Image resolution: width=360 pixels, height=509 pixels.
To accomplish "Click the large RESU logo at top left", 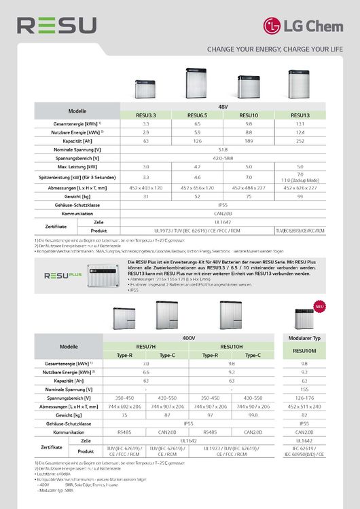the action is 57,25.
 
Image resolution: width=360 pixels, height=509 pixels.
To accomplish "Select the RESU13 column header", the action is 300,115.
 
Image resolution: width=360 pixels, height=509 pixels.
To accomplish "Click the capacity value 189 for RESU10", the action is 249,141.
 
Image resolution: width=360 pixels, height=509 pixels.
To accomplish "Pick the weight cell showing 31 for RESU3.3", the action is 146,195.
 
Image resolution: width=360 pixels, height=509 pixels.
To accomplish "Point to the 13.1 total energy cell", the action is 300,124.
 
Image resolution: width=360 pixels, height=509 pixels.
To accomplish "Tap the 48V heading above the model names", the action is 223,107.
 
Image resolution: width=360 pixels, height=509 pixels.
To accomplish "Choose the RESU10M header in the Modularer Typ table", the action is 304,351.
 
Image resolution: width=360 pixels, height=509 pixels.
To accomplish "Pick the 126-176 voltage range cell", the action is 304,397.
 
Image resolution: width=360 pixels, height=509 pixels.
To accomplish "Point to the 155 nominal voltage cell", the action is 304,389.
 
